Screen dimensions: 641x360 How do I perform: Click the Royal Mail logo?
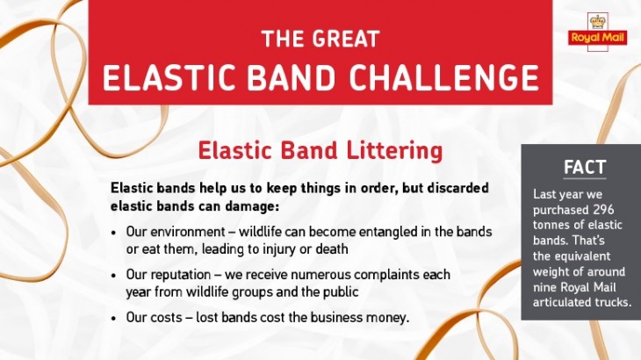coord(597,32)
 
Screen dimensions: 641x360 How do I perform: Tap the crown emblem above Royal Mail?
coord(598,21)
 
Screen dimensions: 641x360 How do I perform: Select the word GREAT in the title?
coord(346,40)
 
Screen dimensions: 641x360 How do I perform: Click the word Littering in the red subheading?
coord(394,151)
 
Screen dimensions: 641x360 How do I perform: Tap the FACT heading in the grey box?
coord(585,168)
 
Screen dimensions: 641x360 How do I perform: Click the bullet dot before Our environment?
coord(114,233)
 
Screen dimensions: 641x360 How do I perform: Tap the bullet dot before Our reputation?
coord(114,276)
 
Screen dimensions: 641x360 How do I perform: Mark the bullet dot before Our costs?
coord(114,319)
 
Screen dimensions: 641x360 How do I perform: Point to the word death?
coord(332,248)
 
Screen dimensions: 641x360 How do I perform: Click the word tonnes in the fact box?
coord(550,225)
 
